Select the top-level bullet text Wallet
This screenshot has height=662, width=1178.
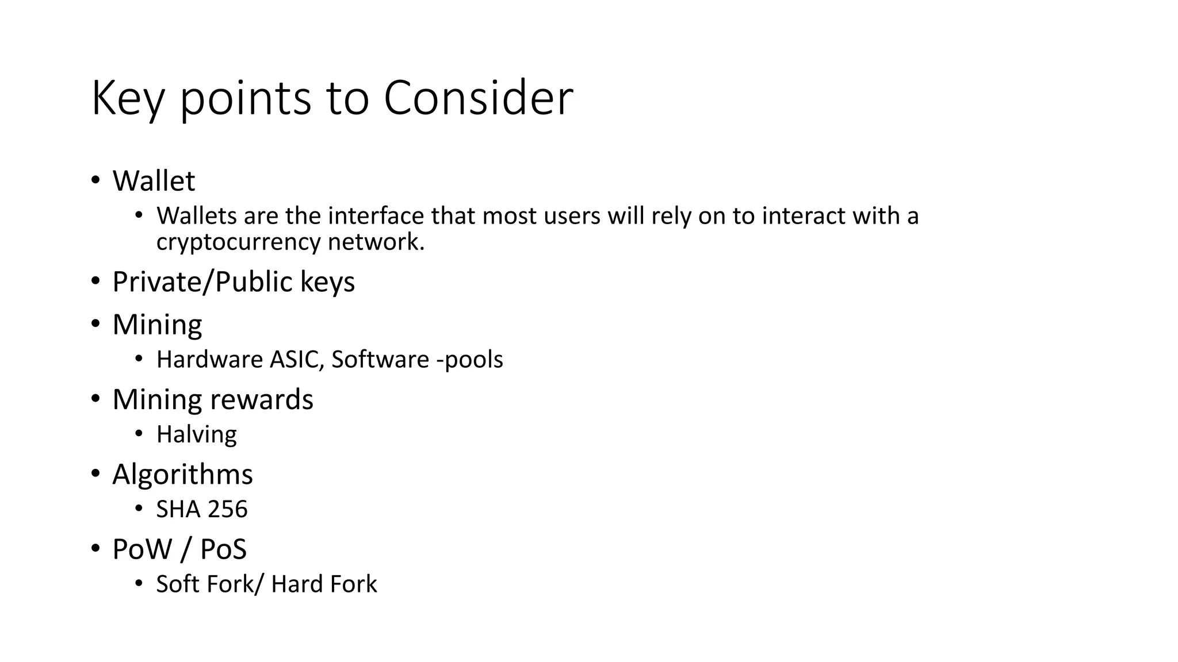tap(154, 181)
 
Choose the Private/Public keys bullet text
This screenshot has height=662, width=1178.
tap(234, 282)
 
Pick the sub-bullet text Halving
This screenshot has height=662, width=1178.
tap(196, 434)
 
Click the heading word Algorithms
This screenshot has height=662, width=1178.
tap(182, 475)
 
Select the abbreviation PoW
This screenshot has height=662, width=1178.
tap(142, 549)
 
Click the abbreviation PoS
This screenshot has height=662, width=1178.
tap(223, 549)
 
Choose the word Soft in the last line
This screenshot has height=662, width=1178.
tap(178, 584)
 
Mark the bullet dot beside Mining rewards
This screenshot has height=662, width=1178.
tap(95, 399)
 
